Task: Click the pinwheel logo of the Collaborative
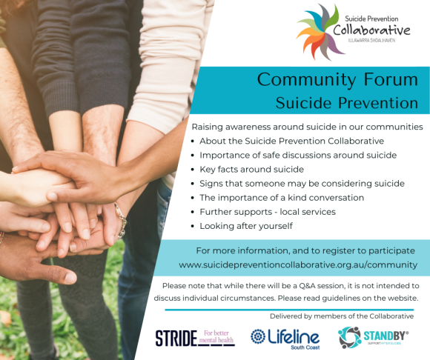320,33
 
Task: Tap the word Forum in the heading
391,79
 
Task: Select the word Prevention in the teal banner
378,103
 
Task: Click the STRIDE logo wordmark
176,338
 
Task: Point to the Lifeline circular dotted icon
258,336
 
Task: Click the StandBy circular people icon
349,337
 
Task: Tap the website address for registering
298,265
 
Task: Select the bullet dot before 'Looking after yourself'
193,227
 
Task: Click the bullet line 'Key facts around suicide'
251,170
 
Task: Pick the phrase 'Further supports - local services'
268,212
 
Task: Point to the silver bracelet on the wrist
121,221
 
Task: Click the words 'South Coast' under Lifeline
305,347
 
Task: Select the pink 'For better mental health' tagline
216,337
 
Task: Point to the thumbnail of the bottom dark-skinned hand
70,278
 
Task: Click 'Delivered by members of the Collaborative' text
342,316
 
